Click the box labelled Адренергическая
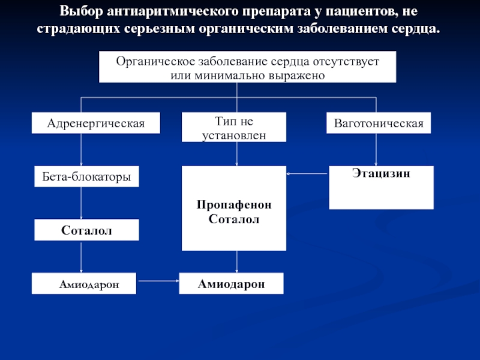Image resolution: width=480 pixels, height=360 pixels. tap(96, 124)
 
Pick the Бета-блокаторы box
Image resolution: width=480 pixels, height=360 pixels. tap(86, 176)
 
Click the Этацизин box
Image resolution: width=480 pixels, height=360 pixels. tap(381, 187)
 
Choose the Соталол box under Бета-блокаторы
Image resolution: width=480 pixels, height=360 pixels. tap(86, 230)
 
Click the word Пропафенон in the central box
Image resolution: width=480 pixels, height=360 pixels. tap(234, 205)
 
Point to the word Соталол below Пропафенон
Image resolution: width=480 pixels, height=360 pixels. tap(234, 220)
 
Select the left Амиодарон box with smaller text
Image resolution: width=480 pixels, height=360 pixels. tap(85, 284)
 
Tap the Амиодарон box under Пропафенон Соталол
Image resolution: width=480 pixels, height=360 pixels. tap(231, 284)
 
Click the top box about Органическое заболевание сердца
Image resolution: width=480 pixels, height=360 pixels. tap(247, 67)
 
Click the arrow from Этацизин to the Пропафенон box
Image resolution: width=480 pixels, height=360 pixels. tap(307, 175)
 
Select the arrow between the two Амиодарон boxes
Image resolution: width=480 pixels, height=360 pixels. tap(158, 280)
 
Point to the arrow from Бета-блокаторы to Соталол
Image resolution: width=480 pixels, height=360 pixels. tap(82, 203)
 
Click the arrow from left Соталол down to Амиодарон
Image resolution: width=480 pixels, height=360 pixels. tap(82, 257)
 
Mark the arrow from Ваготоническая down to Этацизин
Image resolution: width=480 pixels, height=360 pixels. tap(376, 149)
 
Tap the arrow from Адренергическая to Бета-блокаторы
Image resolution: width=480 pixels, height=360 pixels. tap(82, 149)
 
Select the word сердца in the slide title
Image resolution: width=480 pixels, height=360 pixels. tap(414, 29)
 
